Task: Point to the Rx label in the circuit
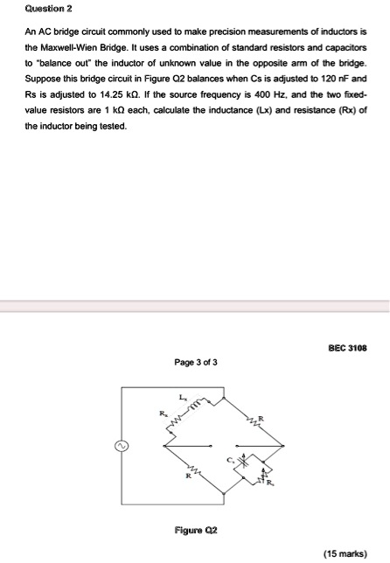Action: tap(161, 415)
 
